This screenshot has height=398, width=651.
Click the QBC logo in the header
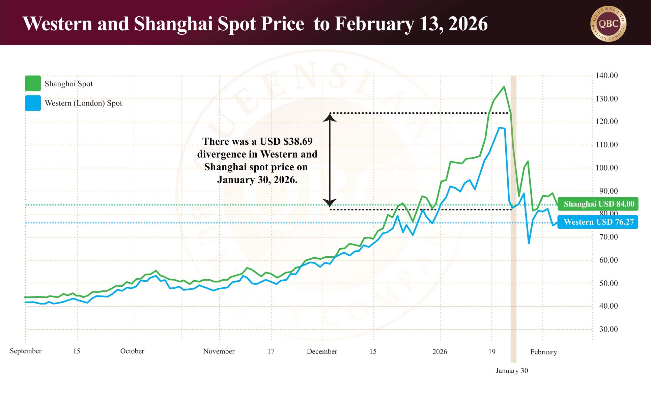coord(608,24)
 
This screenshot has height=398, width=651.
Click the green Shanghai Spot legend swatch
coord(33,83)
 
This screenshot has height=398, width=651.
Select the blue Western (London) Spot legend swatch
coord(33,103)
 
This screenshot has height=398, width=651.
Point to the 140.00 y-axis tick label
coord(606,76)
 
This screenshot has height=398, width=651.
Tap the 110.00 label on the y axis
coord(606,145)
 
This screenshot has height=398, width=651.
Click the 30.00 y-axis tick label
coord(608,329)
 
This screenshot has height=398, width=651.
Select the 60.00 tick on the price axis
coord(608,260)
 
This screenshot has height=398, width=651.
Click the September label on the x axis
coord(26,351)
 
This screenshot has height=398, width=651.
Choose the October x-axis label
coord(132,351)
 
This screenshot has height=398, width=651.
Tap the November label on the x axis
coord(219,351)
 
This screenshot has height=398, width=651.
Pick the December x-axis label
coord(322,351)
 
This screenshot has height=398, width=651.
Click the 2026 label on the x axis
coord(440,351)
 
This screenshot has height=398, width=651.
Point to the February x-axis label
coord(543,352)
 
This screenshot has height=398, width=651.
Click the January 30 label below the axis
coord(512,370)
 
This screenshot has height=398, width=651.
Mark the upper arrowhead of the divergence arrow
coord(330,117)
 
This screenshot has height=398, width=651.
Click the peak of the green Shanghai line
coord(504,87)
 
